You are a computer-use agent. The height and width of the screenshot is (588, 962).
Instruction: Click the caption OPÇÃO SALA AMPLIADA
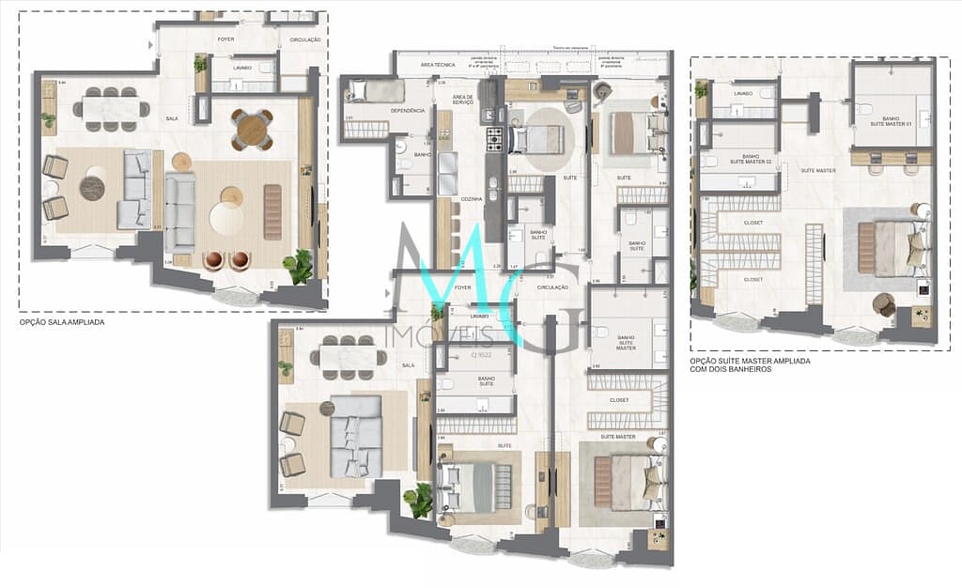(62, 322)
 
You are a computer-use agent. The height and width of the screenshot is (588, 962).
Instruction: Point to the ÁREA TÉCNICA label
(438, 65)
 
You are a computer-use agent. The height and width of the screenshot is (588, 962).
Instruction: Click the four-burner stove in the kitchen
(494, 141)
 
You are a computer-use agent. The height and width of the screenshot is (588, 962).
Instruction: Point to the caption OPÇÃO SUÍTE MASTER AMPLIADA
(750, 361)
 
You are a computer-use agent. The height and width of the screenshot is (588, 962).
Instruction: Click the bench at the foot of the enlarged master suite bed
(865, 248)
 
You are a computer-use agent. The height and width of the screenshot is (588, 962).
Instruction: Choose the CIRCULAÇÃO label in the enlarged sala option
(304, 40)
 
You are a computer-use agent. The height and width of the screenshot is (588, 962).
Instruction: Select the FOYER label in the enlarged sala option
(225, 39)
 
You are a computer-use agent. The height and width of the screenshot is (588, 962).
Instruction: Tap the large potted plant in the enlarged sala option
(300, 266)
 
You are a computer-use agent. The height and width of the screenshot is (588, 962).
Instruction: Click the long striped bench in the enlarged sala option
(272, 211)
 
